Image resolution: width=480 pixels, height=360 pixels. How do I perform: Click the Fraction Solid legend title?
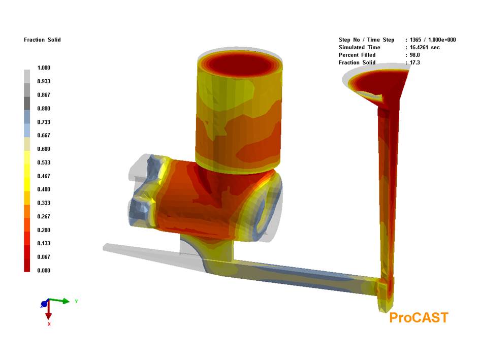(42, 40)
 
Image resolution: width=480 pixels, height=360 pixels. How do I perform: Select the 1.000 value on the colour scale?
(44, 68)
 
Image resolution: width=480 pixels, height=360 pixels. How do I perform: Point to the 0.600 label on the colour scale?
(44, 149)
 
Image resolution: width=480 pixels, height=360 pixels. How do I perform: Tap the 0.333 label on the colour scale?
(44, 203)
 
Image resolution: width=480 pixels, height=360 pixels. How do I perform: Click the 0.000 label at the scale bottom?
(44, 270)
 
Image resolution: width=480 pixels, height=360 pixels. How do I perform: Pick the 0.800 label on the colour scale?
(44, 108)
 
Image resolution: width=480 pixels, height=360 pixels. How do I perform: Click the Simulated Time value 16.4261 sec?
(424, 47)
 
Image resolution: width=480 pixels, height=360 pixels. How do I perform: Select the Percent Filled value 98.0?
(414, 55)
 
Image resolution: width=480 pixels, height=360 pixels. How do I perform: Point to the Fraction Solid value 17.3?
(414, 62)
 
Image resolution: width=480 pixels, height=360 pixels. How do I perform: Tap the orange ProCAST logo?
(419, 318)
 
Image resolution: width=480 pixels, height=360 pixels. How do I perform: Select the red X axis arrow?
(49, 312)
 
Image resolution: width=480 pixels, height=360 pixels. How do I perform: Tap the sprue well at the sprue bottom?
(385, 300)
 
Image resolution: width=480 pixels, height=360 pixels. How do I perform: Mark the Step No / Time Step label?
(366, 40)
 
